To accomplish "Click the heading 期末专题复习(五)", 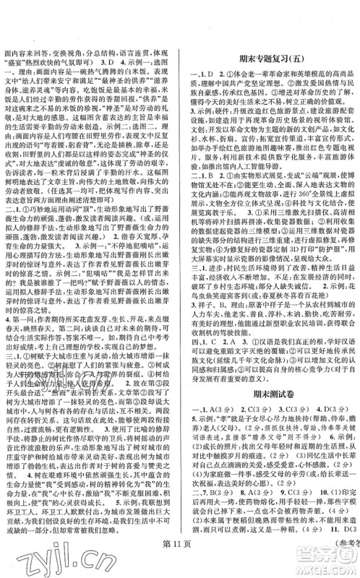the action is (x=272, y=63).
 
